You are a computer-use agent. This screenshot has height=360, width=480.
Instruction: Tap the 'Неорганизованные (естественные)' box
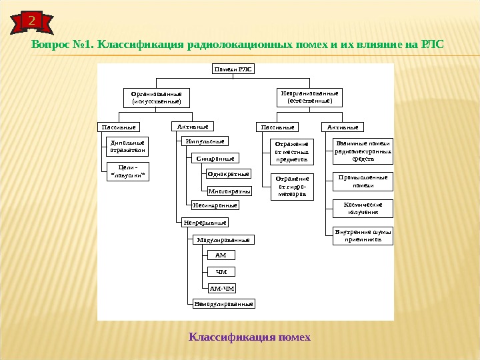coord(309,97)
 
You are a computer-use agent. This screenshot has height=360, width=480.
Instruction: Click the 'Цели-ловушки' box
coord(127,171)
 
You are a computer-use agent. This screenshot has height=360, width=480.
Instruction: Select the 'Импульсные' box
coord(204,141)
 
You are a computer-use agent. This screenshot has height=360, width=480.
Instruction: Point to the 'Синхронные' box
coord(215,159)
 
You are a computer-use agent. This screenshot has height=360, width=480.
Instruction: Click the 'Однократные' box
coord(228,174)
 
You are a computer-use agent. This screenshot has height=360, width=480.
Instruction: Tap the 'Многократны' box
coord(229,191)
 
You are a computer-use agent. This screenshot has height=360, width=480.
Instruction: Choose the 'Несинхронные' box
coord(215,205)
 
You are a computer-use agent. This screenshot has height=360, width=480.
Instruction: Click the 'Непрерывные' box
coord(205,222)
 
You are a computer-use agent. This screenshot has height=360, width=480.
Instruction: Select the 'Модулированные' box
coord(223,239)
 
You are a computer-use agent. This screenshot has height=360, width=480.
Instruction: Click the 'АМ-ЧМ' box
coord(222,288)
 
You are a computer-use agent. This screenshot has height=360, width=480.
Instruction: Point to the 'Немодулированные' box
coord(223,303)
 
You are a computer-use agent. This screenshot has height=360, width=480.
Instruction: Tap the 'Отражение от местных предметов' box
coord(291,152)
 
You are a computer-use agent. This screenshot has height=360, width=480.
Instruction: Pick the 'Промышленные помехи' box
coord(363,181)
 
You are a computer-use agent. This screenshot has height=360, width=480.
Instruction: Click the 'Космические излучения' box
coord(363,209)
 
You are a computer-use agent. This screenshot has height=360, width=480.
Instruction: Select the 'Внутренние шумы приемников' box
coord(363,235)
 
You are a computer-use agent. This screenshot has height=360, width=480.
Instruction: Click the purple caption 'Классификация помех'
coord(250,337)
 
